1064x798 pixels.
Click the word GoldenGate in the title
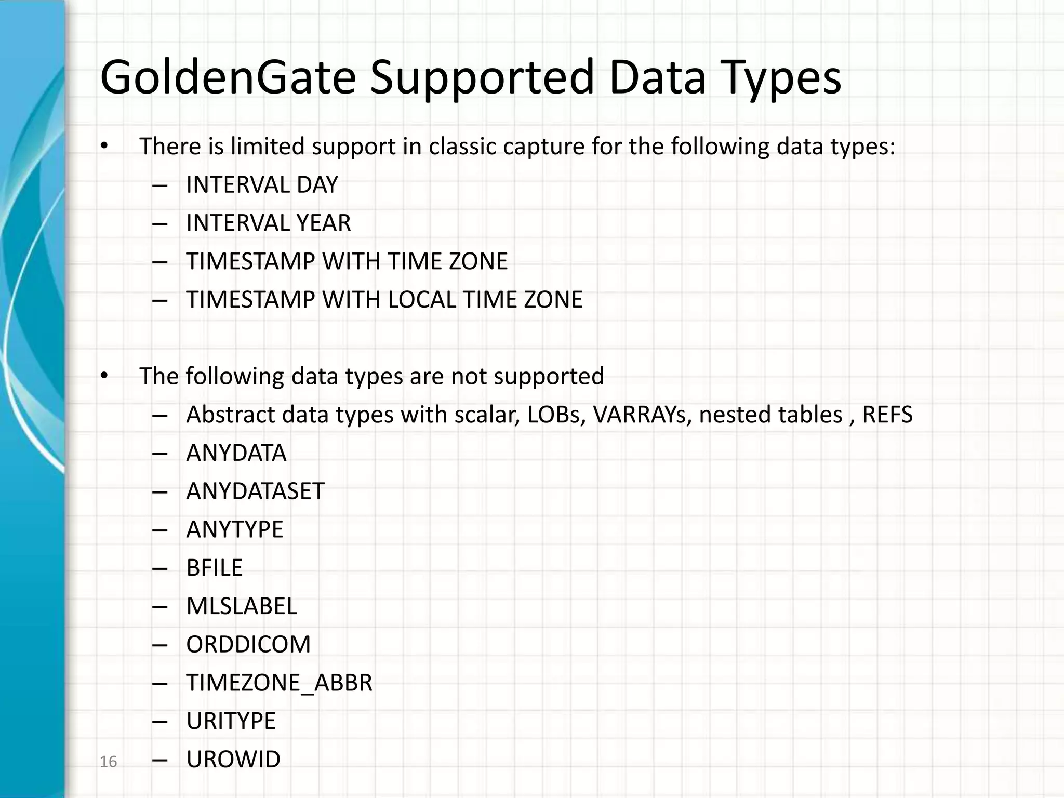point(228,78)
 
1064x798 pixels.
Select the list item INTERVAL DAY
point(262,185)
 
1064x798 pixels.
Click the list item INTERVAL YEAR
point(268,223)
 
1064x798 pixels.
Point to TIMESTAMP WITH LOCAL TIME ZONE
point(384,300)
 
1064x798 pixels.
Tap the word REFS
point(887,415)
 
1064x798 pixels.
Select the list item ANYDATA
point(236,453)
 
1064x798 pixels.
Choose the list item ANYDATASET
point(255,491)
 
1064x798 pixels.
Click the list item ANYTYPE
point(234,530)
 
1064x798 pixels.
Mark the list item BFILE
point(214,568)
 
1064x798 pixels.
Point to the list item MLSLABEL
point(242,606)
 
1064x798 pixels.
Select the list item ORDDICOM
point(248,645)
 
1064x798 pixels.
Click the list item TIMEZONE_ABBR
point(279,683)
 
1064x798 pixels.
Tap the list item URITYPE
point(231,721)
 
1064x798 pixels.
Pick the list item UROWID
point(233,760)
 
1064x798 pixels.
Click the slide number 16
point(108,762)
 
